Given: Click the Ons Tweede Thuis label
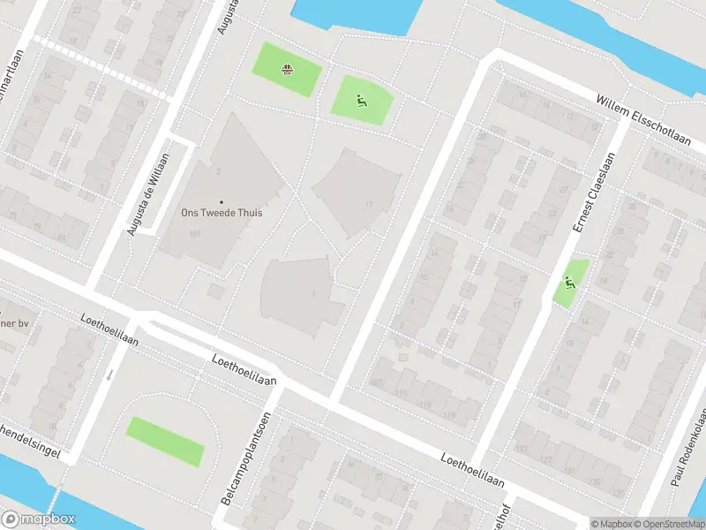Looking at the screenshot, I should pyautogui.click(x=222, y=213).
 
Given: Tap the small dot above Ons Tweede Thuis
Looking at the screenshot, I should pyautogui.click(x=222, y=201).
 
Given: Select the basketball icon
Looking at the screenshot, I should pyautogui.click(x=287, y=69).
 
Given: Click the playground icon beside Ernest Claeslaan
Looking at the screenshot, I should pyautogui.click(x=570, y=283).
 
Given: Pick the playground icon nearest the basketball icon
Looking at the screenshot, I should pyautogui.click(x=360, y=102).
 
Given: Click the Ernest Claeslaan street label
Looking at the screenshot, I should pyautogui.click(x=593, y=193).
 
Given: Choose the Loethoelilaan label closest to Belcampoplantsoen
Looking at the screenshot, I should pyautogui.click(x=244, y=368).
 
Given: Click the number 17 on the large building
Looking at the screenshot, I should pyautogui.click(x=369, y=206).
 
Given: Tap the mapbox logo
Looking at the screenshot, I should pyautogui.click(x=39, y=519).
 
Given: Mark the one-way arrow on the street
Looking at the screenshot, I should pyautogui.click(x=109, y=375).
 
